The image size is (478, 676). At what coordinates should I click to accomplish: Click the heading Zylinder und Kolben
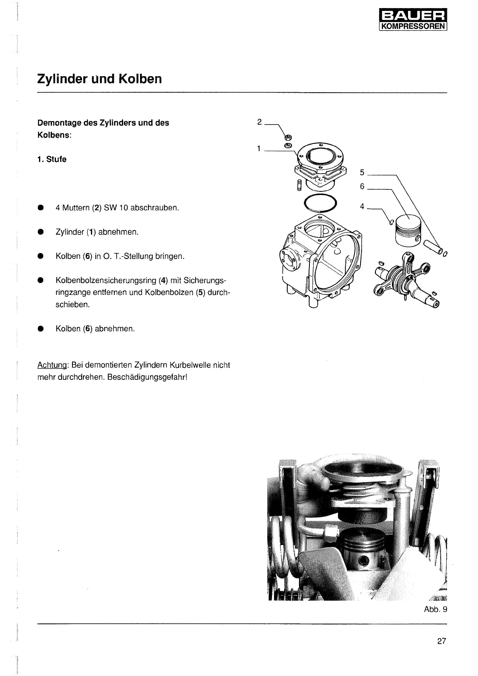(99, 79)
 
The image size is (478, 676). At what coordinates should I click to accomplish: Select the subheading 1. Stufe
(52, 159)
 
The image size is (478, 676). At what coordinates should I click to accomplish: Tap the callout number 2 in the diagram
(260, 122)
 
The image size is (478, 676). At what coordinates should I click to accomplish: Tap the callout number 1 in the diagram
(259, 149)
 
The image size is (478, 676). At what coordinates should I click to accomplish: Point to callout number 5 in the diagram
(362, 172)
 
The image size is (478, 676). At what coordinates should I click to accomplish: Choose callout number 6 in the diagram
(362, 187)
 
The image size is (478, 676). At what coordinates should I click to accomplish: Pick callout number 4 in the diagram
(362, 206)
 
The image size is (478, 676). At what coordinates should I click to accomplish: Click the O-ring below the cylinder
(321, 203)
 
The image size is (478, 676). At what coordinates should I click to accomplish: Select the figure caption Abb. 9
(435, 609)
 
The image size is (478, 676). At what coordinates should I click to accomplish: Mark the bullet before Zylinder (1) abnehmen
(40, 232)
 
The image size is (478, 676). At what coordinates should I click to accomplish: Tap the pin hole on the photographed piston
(365, 560)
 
